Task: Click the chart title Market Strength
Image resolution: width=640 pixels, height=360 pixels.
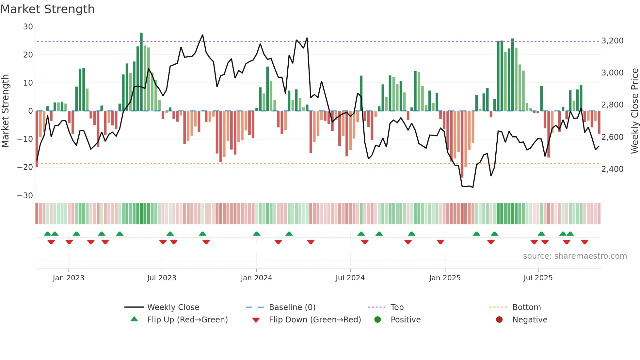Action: [47, 9]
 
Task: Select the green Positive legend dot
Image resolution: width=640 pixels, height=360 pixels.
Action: [377, 319]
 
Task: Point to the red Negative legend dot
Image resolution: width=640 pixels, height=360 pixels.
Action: [499, 319]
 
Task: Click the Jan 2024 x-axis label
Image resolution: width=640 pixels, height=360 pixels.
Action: [256, 278]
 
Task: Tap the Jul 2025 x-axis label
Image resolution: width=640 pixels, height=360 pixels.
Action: [538, 278]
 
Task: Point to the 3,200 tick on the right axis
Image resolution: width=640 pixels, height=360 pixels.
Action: [612, 41]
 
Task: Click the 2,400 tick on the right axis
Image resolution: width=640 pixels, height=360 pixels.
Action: [612, 169]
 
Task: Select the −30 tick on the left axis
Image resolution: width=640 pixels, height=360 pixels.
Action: [25, 196]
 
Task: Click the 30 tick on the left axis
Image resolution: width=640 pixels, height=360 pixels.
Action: [28, 27]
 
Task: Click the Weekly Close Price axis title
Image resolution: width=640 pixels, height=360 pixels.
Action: [634, 111]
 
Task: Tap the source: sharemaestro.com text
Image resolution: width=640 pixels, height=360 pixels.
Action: [575, 256]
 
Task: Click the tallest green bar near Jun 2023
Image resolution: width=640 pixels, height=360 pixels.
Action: [141, 72]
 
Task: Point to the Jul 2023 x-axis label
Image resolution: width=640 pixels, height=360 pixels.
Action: [162, 278]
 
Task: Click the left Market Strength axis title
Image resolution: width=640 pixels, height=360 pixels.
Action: [6, 111]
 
